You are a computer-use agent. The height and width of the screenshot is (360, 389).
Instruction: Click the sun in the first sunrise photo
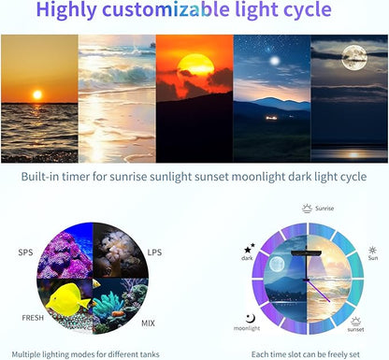38,95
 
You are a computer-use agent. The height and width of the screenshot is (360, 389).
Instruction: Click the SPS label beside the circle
26,252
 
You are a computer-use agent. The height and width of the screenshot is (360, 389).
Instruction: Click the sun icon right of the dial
373,251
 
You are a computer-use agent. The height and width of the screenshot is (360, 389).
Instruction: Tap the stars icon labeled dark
248,250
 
